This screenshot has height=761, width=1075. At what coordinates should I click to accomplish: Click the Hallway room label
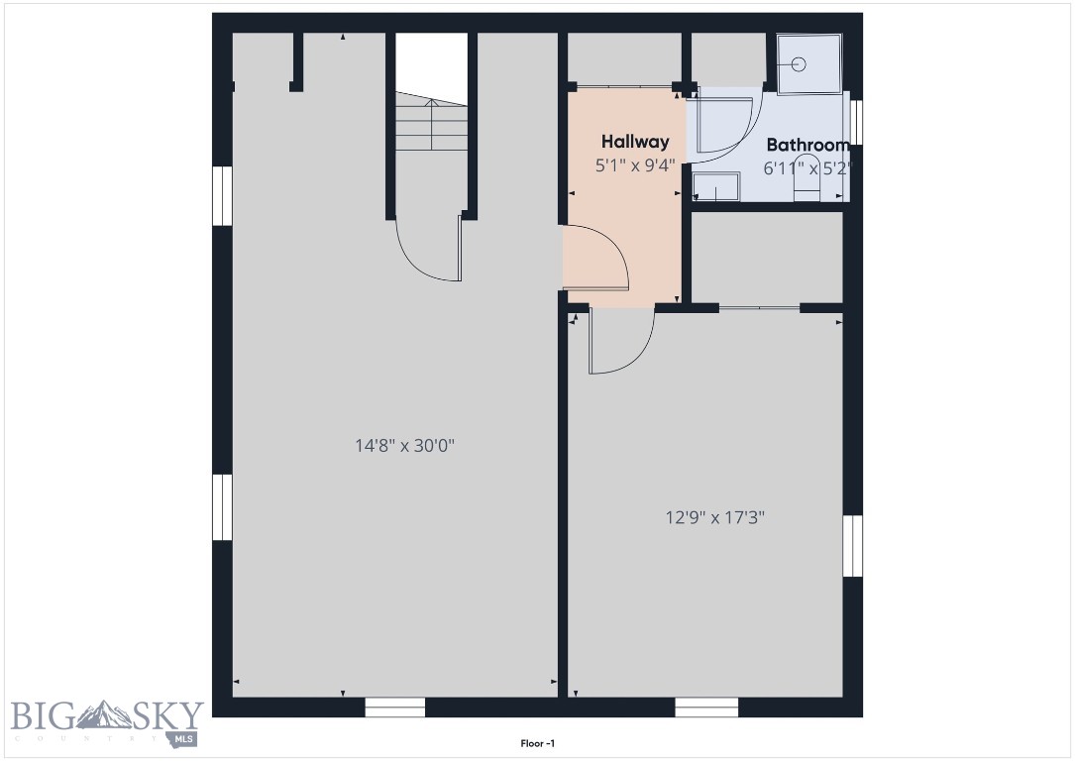click(635, 142)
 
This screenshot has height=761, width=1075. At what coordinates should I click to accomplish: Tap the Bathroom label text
click(807, 145)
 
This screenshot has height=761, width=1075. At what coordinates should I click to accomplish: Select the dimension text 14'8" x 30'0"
click(404, 446)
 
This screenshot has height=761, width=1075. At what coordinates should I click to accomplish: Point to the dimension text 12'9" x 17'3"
click(714, 516)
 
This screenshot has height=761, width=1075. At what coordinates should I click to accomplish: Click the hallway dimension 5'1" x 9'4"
click(635, 165)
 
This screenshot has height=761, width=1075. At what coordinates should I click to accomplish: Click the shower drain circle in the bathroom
click(801, 64)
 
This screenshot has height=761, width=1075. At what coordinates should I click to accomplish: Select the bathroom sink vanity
click(715, 185)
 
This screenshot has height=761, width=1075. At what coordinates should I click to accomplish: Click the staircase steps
click(431, 124)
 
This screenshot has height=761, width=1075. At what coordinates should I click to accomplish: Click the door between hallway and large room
click(597, 258)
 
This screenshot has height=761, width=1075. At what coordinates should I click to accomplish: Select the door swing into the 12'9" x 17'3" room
click(620, 342)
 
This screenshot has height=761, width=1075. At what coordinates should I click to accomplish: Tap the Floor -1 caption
click(537, 742)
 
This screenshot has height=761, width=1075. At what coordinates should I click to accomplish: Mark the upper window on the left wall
click(222, 195)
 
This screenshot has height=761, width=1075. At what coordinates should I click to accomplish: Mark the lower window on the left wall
click(222, 507)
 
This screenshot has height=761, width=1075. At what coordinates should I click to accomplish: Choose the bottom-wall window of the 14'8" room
click(394, 707)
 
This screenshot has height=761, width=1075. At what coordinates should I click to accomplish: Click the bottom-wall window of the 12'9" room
click(706, 707)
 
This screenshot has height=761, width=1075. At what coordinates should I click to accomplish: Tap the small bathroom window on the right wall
click(857, 123)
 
